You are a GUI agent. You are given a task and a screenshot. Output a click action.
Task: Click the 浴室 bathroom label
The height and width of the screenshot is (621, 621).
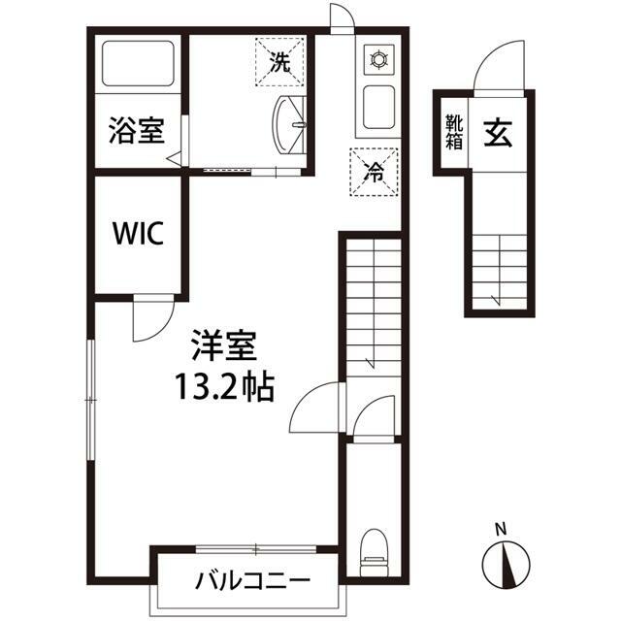tap(136, 130)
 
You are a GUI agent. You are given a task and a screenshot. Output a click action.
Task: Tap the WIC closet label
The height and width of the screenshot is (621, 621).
tap(138, 234)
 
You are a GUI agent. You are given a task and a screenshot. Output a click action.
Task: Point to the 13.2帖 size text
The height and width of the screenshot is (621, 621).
tap(224, 386)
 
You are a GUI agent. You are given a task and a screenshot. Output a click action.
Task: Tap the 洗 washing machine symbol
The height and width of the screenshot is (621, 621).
tap(279, 63)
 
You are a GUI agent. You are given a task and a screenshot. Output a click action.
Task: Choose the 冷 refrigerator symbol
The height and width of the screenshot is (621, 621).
tap(374, 171)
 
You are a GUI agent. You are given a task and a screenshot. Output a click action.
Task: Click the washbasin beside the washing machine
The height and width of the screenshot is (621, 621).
tap(290, 124)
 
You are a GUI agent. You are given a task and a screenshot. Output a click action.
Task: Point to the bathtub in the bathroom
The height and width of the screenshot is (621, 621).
tap(137, 64)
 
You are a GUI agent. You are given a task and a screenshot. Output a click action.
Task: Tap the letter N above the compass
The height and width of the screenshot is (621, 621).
tap(501, 530)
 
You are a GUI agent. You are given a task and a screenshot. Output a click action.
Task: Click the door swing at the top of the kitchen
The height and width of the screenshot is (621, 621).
tap(342, 17)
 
